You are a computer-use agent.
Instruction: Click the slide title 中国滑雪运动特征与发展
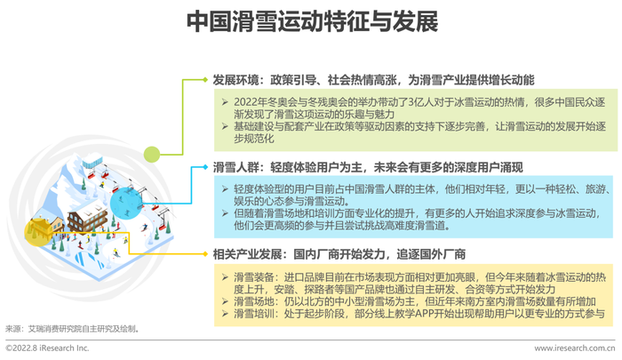pos(312,21)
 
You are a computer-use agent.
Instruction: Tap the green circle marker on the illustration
pos(152,155)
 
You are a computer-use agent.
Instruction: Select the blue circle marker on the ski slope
pos(126,204)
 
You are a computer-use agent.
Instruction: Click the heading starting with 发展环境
pos(373,80)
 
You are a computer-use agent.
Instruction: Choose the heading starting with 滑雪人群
pos(368,167)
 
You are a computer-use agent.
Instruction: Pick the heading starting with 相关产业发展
pos(339,254)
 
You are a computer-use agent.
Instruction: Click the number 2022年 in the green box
pos(245,102)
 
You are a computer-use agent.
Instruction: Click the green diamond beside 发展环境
pos(205,80)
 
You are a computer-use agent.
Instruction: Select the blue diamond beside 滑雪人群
pos(205,167)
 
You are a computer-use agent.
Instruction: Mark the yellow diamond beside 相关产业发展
pos(205,254)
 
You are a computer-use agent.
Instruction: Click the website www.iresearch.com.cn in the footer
pos(574,348)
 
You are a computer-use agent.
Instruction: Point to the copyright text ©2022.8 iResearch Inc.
pos(47,348)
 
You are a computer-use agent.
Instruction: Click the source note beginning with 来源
pos(72,329)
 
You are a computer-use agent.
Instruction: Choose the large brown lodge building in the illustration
pos(88,215)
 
